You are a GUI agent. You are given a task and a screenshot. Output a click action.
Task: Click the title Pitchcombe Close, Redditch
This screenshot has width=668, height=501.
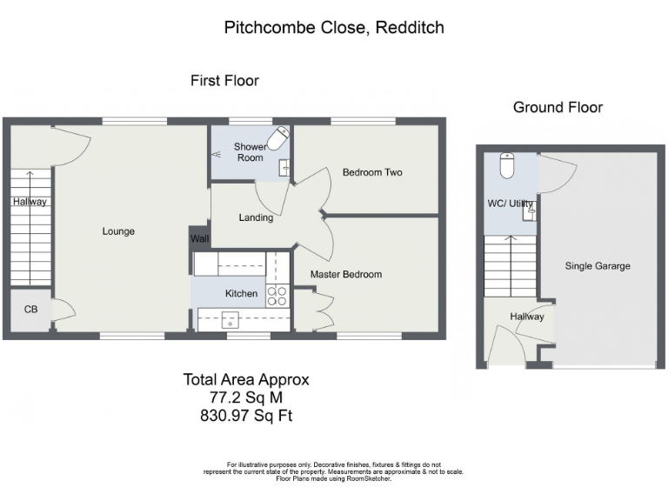pos(334,28)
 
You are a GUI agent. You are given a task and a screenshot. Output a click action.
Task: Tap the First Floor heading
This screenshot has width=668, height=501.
pos(224,81)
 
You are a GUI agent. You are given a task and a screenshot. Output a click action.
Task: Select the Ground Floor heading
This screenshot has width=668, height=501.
pos(558,108)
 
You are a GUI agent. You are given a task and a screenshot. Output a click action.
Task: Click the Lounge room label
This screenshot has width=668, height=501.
pos(117,231)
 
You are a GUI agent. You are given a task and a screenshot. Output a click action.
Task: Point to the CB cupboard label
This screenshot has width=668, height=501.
pos(30,309)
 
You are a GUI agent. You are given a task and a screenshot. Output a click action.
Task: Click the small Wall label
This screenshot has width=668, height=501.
pos(199,238)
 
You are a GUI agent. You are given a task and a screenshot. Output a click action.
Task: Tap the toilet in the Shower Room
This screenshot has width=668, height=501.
pos(277,140)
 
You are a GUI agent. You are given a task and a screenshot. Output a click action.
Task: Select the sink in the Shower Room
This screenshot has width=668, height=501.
pos(284,168)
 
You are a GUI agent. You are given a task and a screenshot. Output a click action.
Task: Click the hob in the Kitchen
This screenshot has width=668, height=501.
pos(277,296)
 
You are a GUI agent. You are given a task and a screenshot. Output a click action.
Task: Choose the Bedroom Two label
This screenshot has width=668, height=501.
pos(371,172)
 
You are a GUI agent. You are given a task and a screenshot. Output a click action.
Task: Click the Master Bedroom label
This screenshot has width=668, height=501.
pos(346,274)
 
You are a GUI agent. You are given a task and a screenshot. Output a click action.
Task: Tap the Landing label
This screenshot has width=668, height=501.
pos(256,217)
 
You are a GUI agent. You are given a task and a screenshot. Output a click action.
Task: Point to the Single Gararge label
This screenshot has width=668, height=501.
pos(598,266)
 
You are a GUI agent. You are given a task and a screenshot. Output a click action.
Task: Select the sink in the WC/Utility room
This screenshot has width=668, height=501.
pos(528,210)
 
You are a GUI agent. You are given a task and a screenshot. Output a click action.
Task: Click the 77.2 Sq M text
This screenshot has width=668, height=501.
pos(246,397)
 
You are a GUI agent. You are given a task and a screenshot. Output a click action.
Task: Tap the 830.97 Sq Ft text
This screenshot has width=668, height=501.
pos(246,416)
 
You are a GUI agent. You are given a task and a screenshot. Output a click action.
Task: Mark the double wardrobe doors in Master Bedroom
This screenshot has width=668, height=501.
pos(322,311)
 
